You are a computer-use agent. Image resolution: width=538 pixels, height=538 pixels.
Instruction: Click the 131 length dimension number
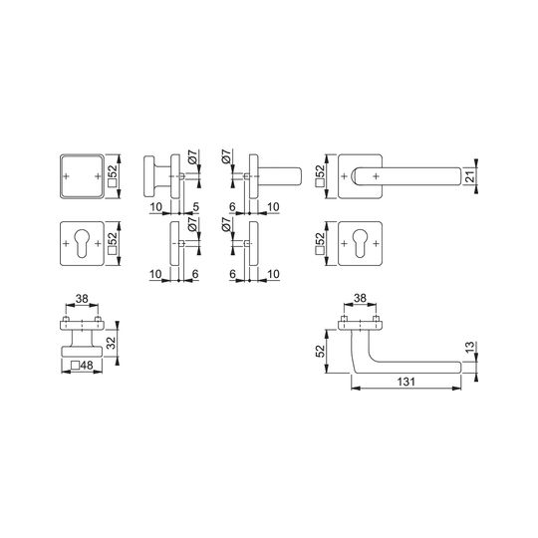tap(405, 382)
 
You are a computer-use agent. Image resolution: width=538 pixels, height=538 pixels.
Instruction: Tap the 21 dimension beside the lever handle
tap(470, 176)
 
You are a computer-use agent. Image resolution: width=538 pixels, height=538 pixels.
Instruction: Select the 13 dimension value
tap(470, 347)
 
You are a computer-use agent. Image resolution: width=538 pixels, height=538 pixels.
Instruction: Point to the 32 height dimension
tap(111, 343)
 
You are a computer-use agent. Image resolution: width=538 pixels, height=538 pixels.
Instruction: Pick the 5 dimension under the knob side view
tap(196, 207)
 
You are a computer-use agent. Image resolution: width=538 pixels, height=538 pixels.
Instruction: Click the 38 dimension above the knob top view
tap(82, 299)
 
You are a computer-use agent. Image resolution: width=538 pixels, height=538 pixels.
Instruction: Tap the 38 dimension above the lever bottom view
tap(360, 298)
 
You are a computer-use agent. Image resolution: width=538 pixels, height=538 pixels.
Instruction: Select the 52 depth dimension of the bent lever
tap(320, 351)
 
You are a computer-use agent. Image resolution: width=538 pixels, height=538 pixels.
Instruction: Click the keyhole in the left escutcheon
tap(82, 243)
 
